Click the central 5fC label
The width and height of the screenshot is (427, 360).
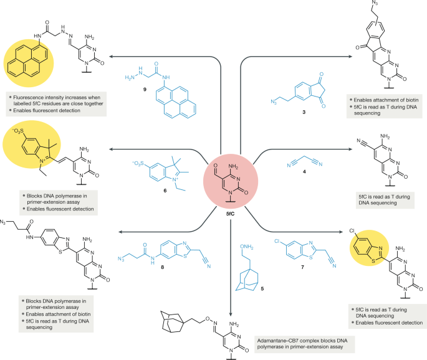click(230, 214)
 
